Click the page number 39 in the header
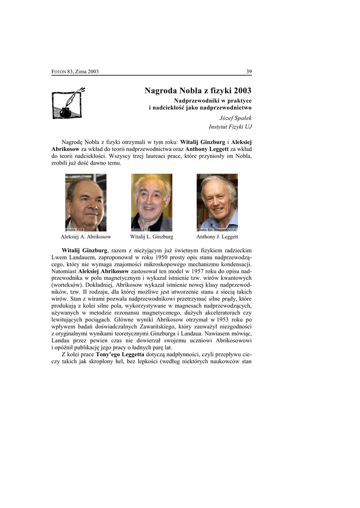tap(249, 71)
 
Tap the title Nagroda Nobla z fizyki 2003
tap(198, 90)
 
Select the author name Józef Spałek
tap(235, 118)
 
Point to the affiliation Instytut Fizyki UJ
tap(230, 127)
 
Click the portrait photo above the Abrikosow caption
tap(85, 202)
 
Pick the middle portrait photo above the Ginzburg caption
tap(151, 202)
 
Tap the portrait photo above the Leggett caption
tap(217, 202)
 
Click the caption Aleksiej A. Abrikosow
tap(85, 237)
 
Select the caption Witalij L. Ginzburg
tap(151, 237)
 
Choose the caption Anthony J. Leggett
tap(217, 237)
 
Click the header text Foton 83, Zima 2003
tap(75, 71)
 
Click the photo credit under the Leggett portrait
tap(217, 230)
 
